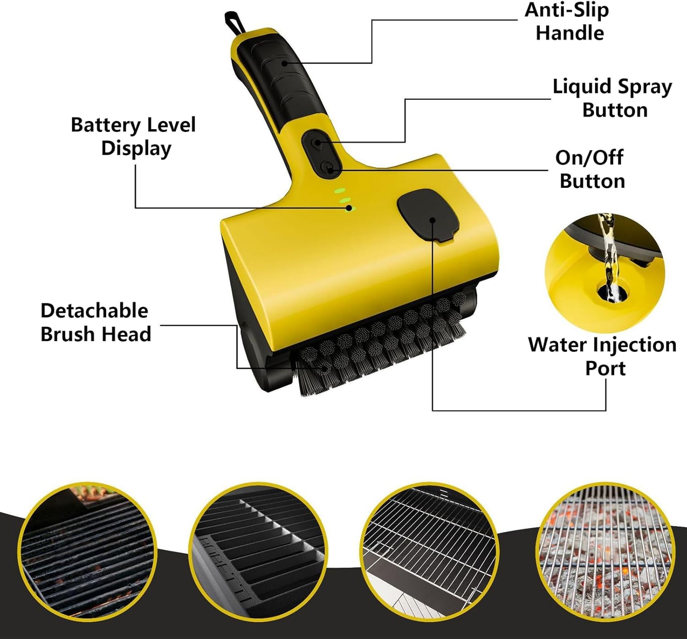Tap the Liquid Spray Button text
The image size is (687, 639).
tap(613, 98)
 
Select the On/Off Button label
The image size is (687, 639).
tap(591, 169)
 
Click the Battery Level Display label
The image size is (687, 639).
tap(133, 137)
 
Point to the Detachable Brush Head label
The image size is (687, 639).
tap(95, 322)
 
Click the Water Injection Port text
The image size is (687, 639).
tap(602, 356)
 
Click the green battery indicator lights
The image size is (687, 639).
tap(344, 200)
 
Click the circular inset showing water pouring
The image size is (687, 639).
tap(605, 273)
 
